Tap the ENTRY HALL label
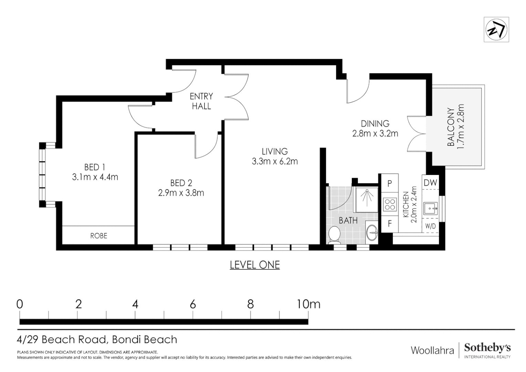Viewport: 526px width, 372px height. pyautogui.click(x=201, y=101)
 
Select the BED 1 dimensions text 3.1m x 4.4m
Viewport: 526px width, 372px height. pyautogui.click(x=95, y=177)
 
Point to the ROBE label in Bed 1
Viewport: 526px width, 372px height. pyautogui.click(x=98, y=236)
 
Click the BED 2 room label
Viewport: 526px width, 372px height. pyautogui.click(x=181, y=183)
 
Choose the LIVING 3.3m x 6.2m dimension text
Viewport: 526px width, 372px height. pyautogui.click(x=275, y=162)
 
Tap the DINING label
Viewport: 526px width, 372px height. pyautogui.click(x=375, y=123)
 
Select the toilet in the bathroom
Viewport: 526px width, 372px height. pyautogui.click(x=334, y=234)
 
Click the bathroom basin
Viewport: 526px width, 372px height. pyautogui.click(x=371, y=232)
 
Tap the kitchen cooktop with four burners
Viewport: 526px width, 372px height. pyautogui.click(x=390, y=204)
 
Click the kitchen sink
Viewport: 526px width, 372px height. pyautogui.click(x=431, y=208)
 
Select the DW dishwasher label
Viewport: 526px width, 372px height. pyautogui.click(x=430, y=183)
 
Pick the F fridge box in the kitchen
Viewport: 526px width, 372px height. pyautogui.click(x=390, y=224)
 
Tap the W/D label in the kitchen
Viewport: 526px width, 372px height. pyautogui.click(x=430, y=226)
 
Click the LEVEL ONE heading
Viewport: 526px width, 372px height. pyautogui.click(x=255, y=265)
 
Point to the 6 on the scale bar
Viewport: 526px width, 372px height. pyautogui.click(x=193, y=304)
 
